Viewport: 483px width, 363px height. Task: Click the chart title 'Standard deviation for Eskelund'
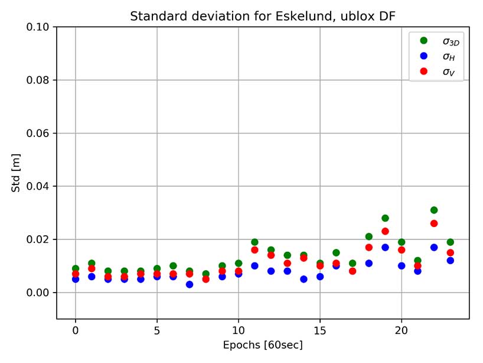pyautogui.click(x=263, y=17)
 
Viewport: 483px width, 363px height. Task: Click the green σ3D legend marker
pyautogui.click(x=423, y=41)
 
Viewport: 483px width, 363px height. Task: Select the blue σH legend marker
pyautogui.click(x=423, y=56)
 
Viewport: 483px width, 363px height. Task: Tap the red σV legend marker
pyautogui.click(x=423, y=72)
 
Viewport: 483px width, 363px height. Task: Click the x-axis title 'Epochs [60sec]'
pyautogui.click(x=263, y=345)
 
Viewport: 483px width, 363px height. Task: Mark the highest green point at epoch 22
pyautogui.click(x=434, y=210)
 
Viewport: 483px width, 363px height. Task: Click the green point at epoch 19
pyautogui.click(x=385, y=218)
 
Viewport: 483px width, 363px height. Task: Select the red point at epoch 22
pyautogui.click(x=434, y=223)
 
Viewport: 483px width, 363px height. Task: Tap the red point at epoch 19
pyautogui.click(x=385, y=231)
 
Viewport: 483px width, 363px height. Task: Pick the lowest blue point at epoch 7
pyautogui.click(x=190, y=284)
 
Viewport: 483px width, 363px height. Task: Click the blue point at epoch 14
pyautogui.click(x=303, y=279)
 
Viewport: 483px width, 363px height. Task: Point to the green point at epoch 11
pyautogui.click(x=254, y=242)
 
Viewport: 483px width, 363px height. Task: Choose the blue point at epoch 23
pyautogui.click(x=450, y=260)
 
